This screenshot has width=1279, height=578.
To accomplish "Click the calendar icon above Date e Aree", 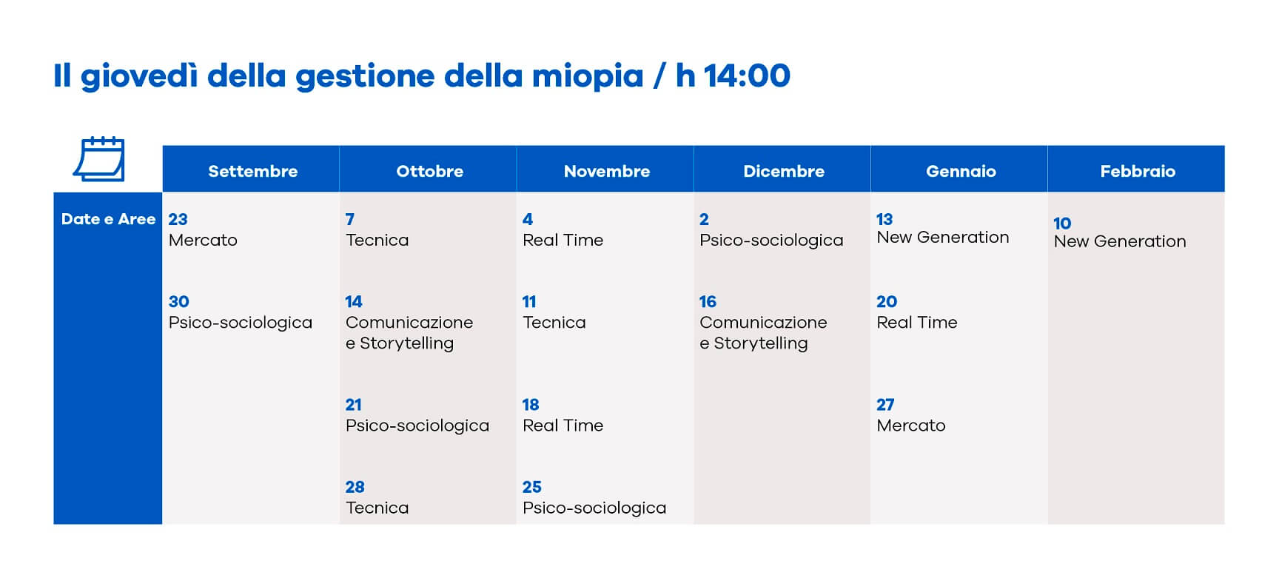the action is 99,158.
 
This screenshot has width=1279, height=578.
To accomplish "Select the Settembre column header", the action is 252,171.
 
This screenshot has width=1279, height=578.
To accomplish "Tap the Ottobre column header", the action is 429,171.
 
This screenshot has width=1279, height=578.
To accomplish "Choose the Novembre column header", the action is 606,171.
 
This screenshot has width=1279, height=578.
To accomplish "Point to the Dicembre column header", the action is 783,171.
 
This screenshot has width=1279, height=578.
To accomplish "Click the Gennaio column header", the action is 961,171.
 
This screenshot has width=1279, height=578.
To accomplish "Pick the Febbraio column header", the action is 1138,171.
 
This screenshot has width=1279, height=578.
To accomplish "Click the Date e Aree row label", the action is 108,219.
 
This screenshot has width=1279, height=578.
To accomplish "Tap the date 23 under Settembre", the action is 178,219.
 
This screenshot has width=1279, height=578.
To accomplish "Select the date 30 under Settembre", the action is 178,301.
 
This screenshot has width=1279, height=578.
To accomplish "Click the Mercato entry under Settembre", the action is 203,240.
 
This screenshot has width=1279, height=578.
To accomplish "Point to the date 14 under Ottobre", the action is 354,301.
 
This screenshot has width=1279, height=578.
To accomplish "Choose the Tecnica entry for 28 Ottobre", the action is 377,508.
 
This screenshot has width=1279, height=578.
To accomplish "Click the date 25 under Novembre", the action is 531,487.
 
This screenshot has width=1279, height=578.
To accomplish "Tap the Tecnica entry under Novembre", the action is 554,322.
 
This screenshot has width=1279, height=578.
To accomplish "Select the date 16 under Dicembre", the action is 708,301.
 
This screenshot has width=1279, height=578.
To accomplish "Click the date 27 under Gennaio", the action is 885,405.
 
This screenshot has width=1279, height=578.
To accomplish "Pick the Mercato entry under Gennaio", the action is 911,426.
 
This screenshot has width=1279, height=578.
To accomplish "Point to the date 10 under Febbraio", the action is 1062,224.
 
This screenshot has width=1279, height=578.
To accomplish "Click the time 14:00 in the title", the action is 747,75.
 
